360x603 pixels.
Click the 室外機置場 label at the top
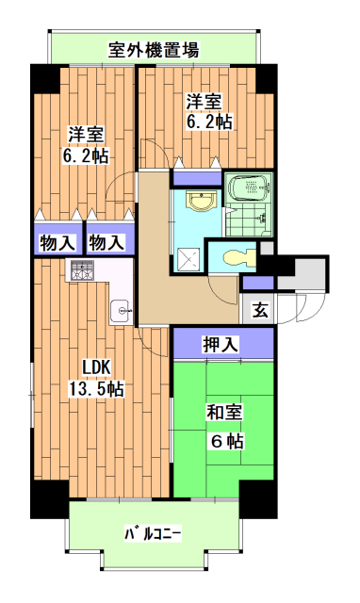tap(153, 49)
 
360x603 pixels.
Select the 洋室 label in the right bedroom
tap(203, 101)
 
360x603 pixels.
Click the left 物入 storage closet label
tap(57, 242)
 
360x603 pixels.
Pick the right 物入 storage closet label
tap(106, 242)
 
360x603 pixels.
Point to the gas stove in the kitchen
tap(78, 271)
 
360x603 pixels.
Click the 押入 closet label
tap(221, 345)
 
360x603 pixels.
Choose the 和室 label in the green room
tap(224, 411)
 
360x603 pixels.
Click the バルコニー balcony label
tap(153, 535)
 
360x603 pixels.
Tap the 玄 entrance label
tap(258, 307)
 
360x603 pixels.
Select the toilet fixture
tap(235, 255)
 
